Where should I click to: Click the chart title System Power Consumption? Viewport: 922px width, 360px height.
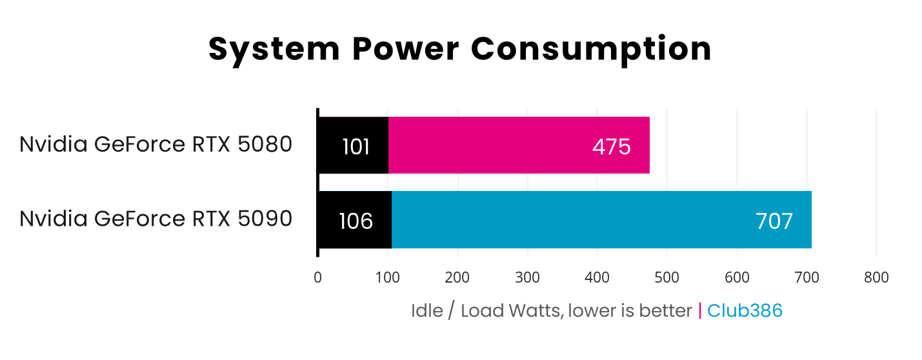[x=460, y=49]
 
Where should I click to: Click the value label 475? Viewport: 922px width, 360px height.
[x=611, y=147]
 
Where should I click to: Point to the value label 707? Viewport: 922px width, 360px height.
[x=774, y=221]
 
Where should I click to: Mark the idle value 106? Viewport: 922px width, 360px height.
[x=356, y=221]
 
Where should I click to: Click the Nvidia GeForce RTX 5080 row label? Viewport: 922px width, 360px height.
[x=156, y=145]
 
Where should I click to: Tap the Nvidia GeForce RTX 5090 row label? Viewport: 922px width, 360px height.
[x=156, y=219]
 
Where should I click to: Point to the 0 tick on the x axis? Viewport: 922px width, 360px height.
[x=317, y=277]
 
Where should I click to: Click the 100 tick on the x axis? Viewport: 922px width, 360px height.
[x=388, y=277]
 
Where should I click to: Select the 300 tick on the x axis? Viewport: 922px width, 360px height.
[x=527, y=277]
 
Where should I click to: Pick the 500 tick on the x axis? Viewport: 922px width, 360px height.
[x=667, y=277]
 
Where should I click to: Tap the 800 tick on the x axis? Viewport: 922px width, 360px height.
[x=876, y=277]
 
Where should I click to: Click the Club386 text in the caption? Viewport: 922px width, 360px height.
[x=745, y=311]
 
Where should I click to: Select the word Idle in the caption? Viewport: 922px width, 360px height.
[x=427, y=311]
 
